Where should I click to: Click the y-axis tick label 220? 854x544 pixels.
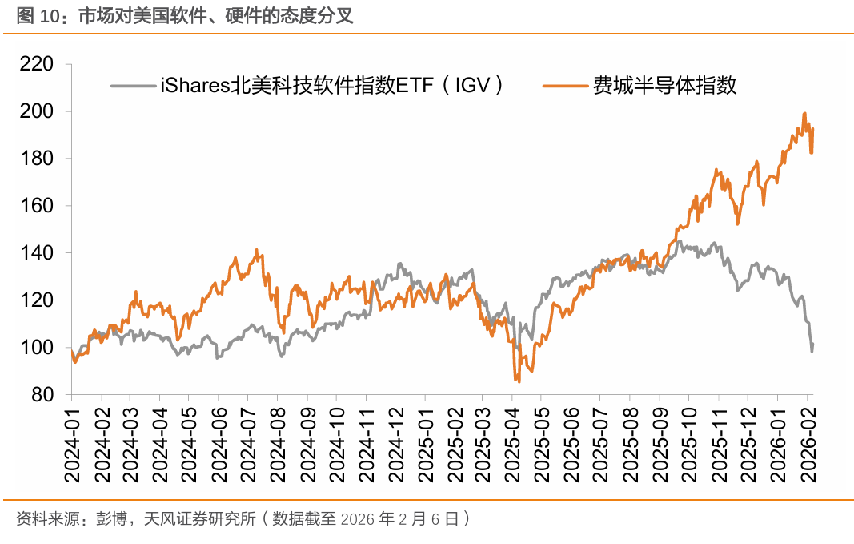pos(37,64)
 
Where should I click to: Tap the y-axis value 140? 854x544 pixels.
pos(37,253)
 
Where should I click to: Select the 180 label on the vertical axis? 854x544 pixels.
pos(37,159)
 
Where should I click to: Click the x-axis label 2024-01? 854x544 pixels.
pos(72,443)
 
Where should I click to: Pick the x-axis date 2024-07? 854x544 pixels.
pos(247,443)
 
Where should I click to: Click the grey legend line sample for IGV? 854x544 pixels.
pos(133,83)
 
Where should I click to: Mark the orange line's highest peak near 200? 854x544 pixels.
pos(804,114)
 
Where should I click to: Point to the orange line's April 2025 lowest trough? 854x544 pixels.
pos(519,381)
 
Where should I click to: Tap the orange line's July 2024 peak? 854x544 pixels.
pos(257,250)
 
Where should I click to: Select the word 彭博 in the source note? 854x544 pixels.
pos(110,518)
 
